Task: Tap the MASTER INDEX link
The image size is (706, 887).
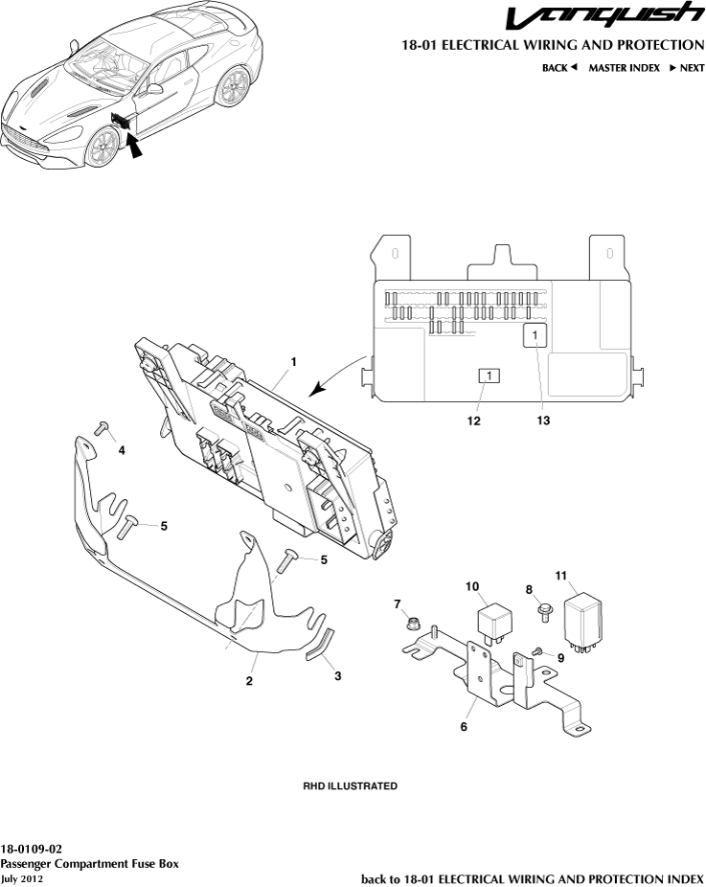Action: tap(624, 68)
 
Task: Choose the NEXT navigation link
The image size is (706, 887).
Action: tap(686, 68)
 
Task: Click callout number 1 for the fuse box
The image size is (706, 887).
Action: tap(294, 362)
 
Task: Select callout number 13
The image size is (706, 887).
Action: tap(543, 420)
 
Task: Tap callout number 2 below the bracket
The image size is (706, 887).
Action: tap(249, 682)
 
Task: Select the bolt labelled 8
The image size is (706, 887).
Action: tap(544, 608)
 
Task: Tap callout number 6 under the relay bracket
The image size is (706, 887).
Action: tap(464, 727)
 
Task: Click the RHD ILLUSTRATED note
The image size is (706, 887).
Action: tap(351, 786)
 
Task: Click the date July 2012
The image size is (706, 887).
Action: tap(21, 878)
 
